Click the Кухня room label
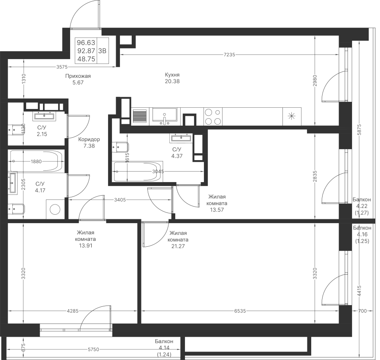pyautogui.click(x=172, y=74)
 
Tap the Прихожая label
pyautogui.click(x=78, y=76)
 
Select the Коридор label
pyautogui.click(x=89, y=139)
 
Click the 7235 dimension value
pyautogui.click(x=229, y=55)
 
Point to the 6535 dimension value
pyautogui.click(x=240, y=311)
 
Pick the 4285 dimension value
pyautogui.click(x=73, y=311)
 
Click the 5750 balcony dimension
pyautogui.click(x=93, y=349)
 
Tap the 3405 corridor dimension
pyautogui.click(x=120, y=200)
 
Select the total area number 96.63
pyautogui.click(x=86, y=43)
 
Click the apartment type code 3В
pyautogui.click(x=102, y=51)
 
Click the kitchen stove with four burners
pyautogui.click(x=213, y=117)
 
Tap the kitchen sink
pyautogui.click(x=165, y=117)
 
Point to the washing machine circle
pyautogui.click(x=55, y=209)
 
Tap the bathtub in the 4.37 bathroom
pyautogui.click(x=137, y=172)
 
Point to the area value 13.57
pyautogui.click(x=217, y=210)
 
